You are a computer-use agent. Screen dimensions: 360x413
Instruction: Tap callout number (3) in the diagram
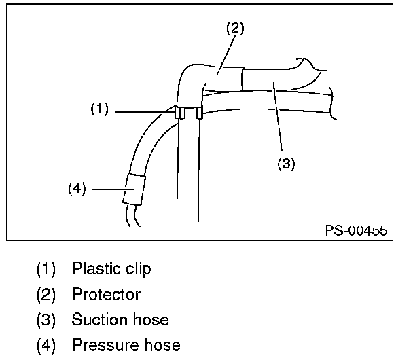pyautogui.click(x=285, y=164)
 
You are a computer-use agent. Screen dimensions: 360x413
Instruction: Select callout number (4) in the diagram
pyautogui.click(x=77, y=189)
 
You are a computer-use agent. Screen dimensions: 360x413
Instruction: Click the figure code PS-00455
pyautogui.click(x=355, y=231)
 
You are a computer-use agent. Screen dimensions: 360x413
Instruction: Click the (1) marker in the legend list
pyautogui.click(x=46, y=269)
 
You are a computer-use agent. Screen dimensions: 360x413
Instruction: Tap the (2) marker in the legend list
pyautogui.click(x=46, y=295)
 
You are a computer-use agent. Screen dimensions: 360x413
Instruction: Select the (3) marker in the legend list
pyautogui.click(x=46, y=320)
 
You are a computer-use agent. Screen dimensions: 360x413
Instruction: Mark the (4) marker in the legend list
pyautogui.click(x=46, y=346)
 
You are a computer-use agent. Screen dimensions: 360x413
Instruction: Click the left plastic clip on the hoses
pyautogui.click(x=178, y=113)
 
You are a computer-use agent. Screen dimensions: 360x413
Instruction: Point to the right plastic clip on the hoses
pyautogui.click(x=199, y=113)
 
